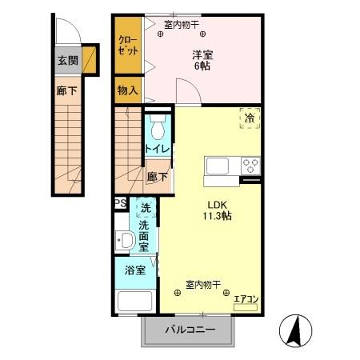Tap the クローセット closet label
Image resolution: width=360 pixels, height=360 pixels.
coord(126,46)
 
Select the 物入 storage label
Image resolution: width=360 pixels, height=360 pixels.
coord(126,90)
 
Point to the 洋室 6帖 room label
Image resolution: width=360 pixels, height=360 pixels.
coord(202,61)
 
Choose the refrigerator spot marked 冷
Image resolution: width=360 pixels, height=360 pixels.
coord(250,118)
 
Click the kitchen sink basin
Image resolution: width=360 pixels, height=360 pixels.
coord(218,166)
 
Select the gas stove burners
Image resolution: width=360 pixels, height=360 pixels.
coord(250,166)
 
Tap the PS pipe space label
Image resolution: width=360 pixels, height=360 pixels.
coord(120,203)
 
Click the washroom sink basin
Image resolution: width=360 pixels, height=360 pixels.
coord(125,240)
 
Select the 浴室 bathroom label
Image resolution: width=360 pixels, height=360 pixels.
coord(134,270)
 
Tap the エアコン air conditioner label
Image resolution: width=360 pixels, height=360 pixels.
coord(246,300)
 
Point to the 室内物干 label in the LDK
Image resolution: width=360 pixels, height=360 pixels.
coord(203,284)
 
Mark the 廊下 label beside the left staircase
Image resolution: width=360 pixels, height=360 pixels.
coord(66,91)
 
